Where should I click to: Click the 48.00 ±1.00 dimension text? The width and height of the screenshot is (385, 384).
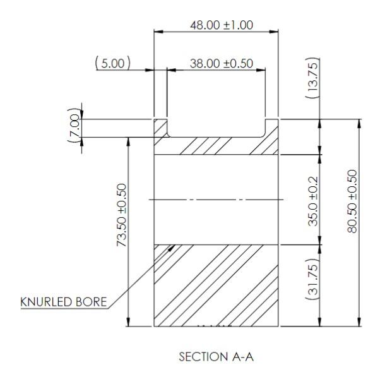[222, 25]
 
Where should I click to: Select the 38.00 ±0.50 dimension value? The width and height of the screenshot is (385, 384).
[222, 64]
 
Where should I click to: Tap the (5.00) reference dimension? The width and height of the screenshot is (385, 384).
[113, 63]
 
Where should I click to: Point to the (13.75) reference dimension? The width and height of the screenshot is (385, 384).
[313, 78]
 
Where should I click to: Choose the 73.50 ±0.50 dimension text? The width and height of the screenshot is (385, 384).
[122, 215]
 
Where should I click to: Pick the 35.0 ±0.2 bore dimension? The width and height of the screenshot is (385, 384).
[313, 201]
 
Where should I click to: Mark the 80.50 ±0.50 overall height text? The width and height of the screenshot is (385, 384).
[352, 201]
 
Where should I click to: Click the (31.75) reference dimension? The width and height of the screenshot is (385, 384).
[313, 279]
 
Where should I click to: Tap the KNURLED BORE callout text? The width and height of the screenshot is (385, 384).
[64, 302]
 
